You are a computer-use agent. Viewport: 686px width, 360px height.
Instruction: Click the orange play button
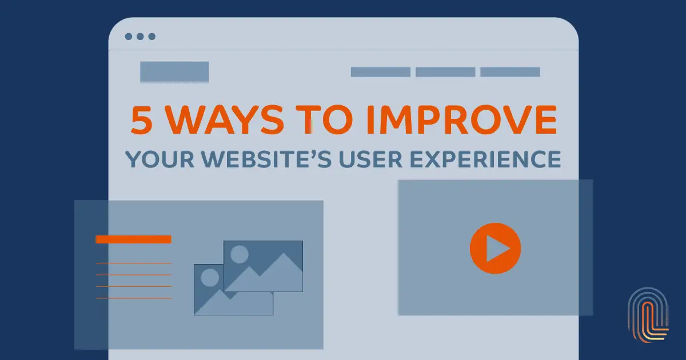tap(495, 249)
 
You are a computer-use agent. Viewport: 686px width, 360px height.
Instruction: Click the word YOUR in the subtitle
tap(157, 158)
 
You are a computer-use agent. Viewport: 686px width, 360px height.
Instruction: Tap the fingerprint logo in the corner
tap(648, 315)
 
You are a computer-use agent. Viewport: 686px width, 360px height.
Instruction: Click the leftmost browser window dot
tap(129, 37)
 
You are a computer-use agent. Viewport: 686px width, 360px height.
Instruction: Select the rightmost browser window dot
tap(151, 37)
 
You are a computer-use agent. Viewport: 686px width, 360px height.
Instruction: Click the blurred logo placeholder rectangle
tap(174, 72)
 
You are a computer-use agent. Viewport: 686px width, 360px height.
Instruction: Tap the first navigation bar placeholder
tap(380, 72)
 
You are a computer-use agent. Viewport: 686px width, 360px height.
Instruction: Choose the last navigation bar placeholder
tap(510, 72)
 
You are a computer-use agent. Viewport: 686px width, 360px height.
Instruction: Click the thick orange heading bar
tap(133, 239)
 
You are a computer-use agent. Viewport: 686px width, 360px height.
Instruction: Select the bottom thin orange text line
tap(133, 298)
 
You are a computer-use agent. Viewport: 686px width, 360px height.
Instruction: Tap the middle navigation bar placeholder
tap(445, 72)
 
